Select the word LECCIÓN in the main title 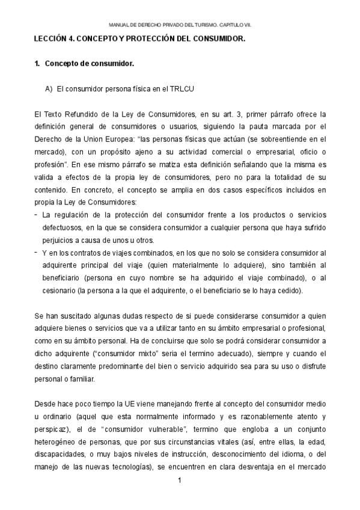click(x=53, y=38)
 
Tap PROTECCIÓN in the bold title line click(x=154, y=38)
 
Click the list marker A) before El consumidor click(x=49, y=89)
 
